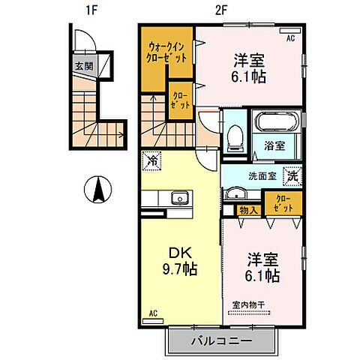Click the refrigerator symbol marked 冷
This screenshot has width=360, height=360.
pyautogui.click(x=151, y=160)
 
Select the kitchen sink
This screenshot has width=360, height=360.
pyautogui.click(x=178, y=198)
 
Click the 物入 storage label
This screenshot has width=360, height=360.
pyautogui.click(x=248, y=211)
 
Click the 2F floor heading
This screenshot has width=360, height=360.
pyautogui.click(x=220, y=11)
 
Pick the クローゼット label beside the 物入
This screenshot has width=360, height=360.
pyautogui.click(x=284, y=202)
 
